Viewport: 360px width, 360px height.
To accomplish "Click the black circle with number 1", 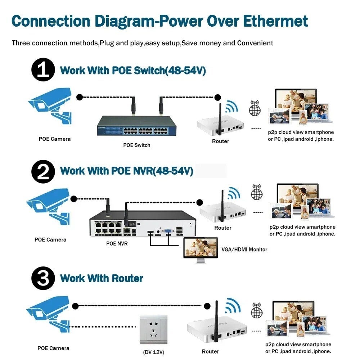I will (x=43, y=70).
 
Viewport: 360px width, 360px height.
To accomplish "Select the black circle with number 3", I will (x=43, y=278).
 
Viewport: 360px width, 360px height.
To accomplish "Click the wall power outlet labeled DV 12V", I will (x=154, y=330).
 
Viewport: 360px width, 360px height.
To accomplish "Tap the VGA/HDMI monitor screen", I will (x=201, y=248).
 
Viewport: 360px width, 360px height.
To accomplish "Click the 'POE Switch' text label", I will (x=136, y=145).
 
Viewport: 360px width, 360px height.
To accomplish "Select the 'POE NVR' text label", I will (x=117, y=244).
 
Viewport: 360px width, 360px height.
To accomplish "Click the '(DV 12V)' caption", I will (x=153, y=352).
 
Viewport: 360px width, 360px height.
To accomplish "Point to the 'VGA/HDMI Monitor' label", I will (x=244, y=249).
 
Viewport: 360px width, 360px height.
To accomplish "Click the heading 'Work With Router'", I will (x=102, y=278).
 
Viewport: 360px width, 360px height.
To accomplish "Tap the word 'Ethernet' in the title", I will (x=275, y=21).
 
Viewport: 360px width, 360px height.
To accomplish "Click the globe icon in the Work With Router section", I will (x=257, y=311).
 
